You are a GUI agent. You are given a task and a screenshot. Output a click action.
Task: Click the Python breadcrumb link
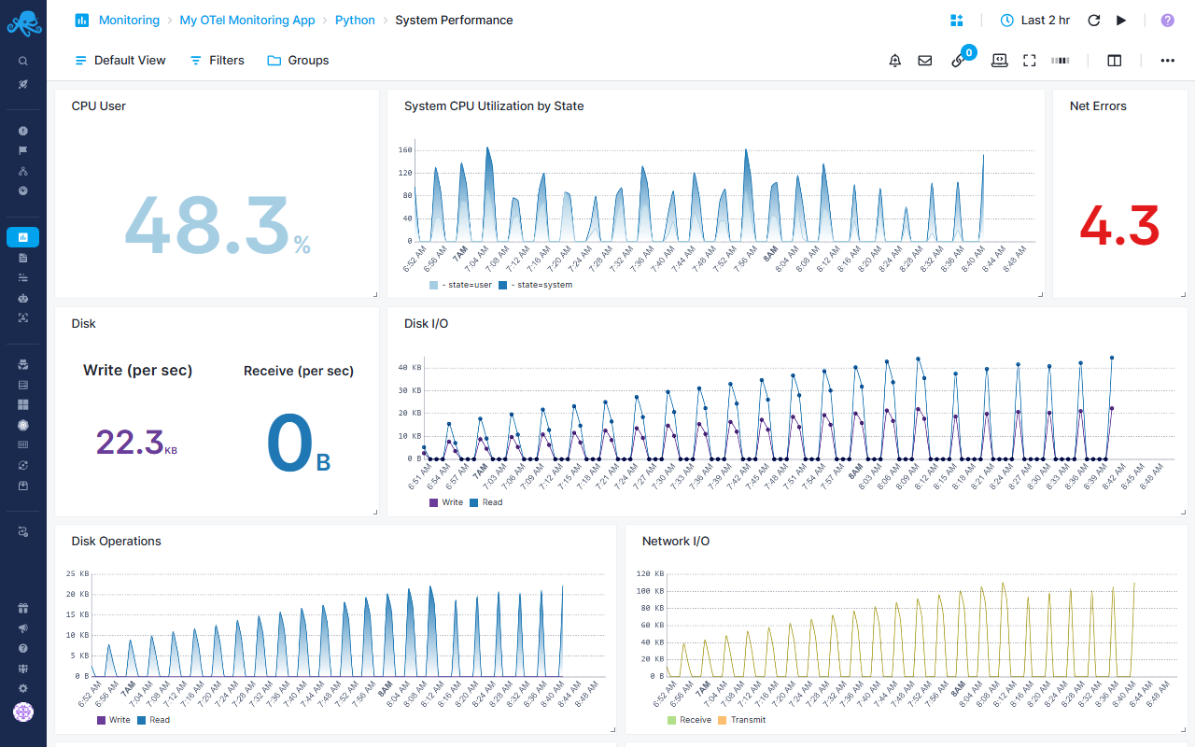(355, 20)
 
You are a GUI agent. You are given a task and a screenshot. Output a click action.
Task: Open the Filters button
(217, 60)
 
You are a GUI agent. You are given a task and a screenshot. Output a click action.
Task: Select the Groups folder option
(298, 60)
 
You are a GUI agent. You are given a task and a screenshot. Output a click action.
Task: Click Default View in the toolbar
(120, 60)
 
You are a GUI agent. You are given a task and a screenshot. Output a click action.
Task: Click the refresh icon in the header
(1094, 20)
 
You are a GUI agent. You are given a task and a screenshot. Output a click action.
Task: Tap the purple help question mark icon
(1167, 20)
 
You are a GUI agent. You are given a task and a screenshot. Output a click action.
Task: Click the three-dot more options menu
(1167, 60)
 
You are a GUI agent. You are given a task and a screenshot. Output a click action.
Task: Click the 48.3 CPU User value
(207, 226)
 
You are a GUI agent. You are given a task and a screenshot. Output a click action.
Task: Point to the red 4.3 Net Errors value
(1119, 226)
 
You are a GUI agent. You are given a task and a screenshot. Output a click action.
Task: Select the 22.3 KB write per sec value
(130, 442)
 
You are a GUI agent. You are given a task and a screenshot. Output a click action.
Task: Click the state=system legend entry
(537, 285)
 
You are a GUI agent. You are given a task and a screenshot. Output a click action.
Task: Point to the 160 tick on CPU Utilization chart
(405, 149)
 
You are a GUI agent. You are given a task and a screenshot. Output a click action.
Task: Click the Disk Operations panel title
(116, 541)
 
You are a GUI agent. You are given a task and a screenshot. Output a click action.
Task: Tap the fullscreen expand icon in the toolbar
(1030, 60)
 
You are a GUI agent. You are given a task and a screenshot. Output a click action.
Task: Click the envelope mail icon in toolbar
(924, 60)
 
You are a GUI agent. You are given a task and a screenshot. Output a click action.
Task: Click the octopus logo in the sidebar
(23, 21)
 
